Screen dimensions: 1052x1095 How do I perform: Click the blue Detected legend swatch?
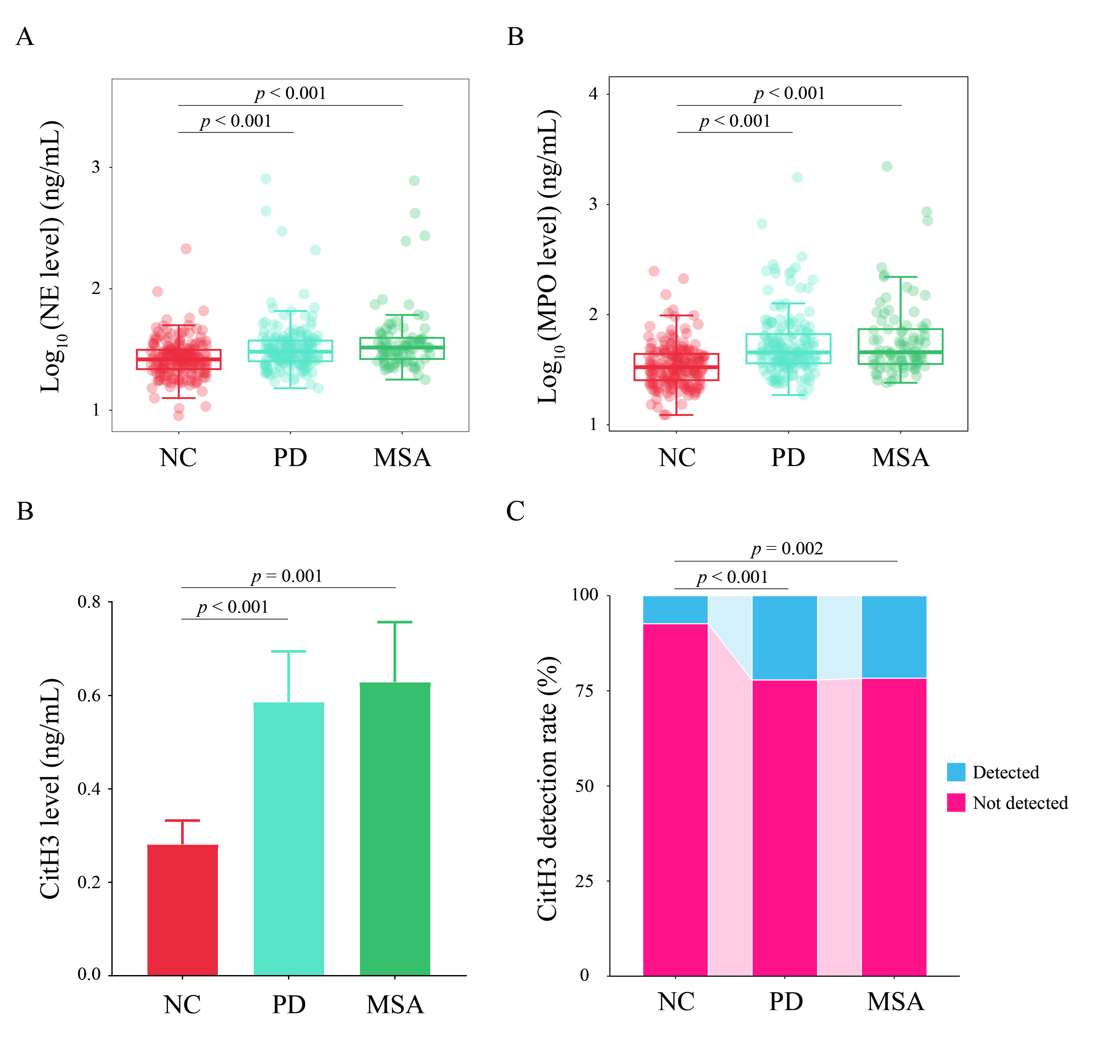[956, 772]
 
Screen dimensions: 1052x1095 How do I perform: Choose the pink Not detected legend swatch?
[956, 802]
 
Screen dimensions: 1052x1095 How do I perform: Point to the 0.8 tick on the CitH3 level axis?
[89, 602]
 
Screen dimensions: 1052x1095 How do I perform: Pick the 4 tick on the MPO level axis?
[593, 94]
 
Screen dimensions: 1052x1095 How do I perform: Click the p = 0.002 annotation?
[787, 549]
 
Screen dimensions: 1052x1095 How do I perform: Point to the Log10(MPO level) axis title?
[548, 257]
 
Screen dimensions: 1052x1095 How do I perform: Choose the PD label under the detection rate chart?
[785, 1002]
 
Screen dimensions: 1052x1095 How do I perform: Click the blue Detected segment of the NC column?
[675, 609]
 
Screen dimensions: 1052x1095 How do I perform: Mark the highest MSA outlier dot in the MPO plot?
[887, 166]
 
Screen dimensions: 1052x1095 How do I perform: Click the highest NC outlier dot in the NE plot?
[186, 248]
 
